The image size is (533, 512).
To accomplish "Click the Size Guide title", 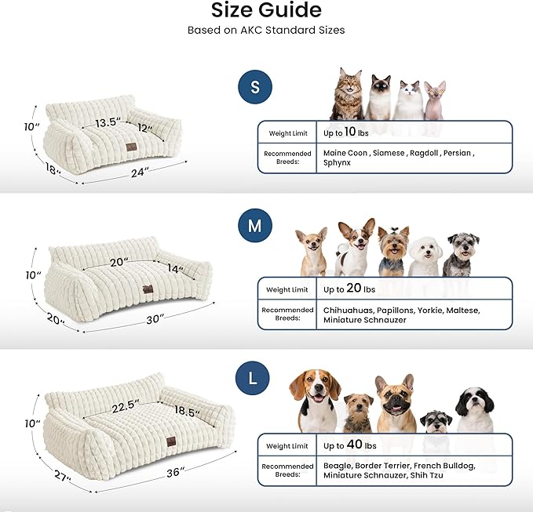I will coord(266,11).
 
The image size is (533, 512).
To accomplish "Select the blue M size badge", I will coord(254,227).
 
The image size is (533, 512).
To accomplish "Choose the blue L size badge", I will coord(252,379).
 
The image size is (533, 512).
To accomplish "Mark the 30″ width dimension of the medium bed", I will coord(155,318).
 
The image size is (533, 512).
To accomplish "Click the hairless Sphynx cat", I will coord(434,100).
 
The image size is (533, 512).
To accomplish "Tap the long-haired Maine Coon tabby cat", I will coord(347,94).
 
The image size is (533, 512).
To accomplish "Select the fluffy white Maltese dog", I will coord(425,252).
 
